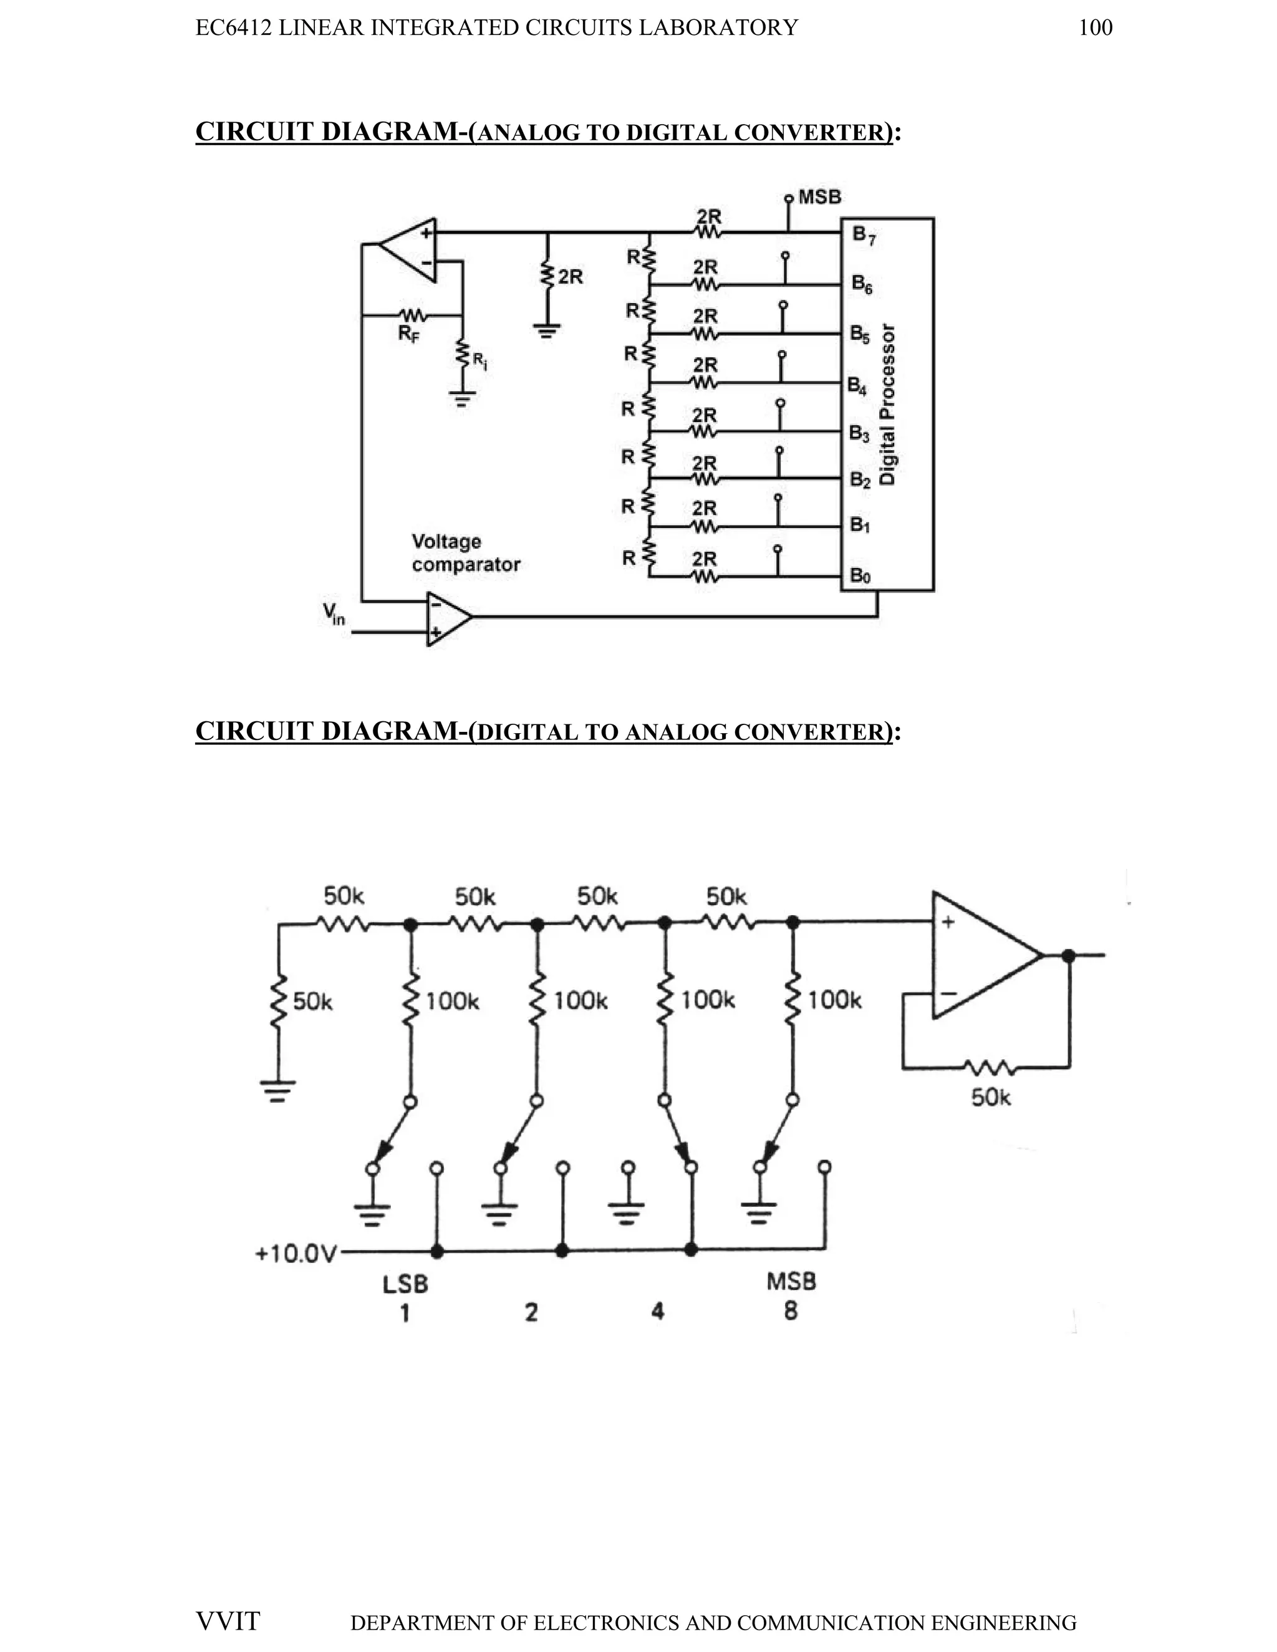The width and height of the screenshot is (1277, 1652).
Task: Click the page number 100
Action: (x=1095, y=28)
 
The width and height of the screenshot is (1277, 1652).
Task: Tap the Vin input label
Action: (x=334, y=613)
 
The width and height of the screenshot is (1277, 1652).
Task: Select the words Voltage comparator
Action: (x=465, y=553)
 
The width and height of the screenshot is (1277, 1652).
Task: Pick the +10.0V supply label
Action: (x=295, y=1254)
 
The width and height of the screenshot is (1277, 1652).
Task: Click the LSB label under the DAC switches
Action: (x=405, y=1284)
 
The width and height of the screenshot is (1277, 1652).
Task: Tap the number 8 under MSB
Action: (x=791, y=1311)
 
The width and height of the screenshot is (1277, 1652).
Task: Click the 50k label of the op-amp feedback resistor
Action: (x=991, y=1098)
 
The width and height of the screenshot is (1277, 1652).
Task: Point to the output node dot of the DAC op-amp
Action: (x=1068, y=956)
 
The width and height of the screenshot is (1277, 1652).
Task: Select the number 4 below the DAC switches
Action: (x=657, y=1311)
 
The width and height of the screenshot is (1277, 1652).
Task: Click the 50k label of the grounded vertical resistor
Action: (x=312, y=1002)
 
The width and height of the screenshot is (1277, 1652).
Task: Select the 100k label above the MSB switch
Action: (x=834, y=1001)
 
